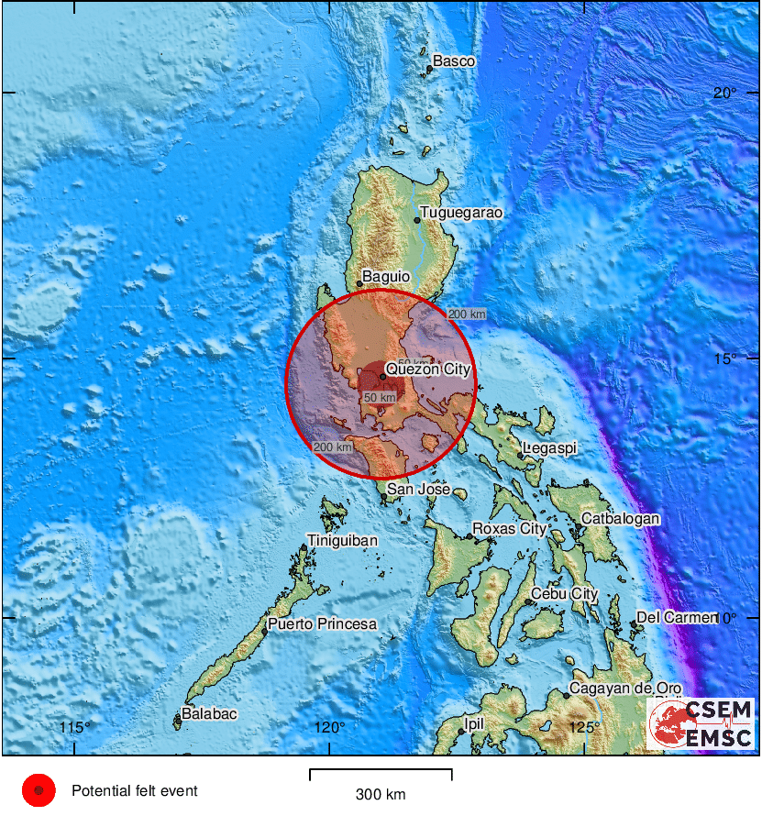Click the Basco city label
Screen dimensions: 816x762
[454, 61]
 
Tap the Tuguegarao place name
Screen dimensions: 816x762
[461, 213]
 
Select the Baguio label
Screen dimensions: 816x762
[383, 275]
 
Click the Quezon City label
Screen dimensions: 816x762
[427, 369]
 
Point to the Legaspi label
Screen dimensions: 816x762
[549, 448]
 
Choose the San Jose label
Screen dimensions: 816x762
[418, 490]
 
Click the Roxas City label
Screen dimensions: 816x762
[508, 529]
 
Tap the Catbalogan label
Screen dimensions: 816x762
[621, 519]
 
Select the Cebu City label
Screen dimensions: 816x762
[564, 594]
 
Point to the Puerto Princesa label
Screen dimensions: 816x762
[322, 624]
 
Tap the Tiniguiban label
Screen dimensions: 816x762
[342, 541]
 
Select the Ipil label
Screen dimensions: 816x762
[473, 723]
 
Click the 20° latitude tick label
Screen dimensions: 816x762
[726, 93]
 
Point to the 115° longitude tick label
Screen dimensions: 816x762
[75, 728]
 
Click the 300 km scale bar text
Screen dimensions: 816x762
[381, 795]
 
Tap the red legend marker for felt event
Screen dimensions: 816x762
[39, 790]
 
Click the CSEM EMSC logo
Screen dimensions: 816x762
[701, 723]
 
